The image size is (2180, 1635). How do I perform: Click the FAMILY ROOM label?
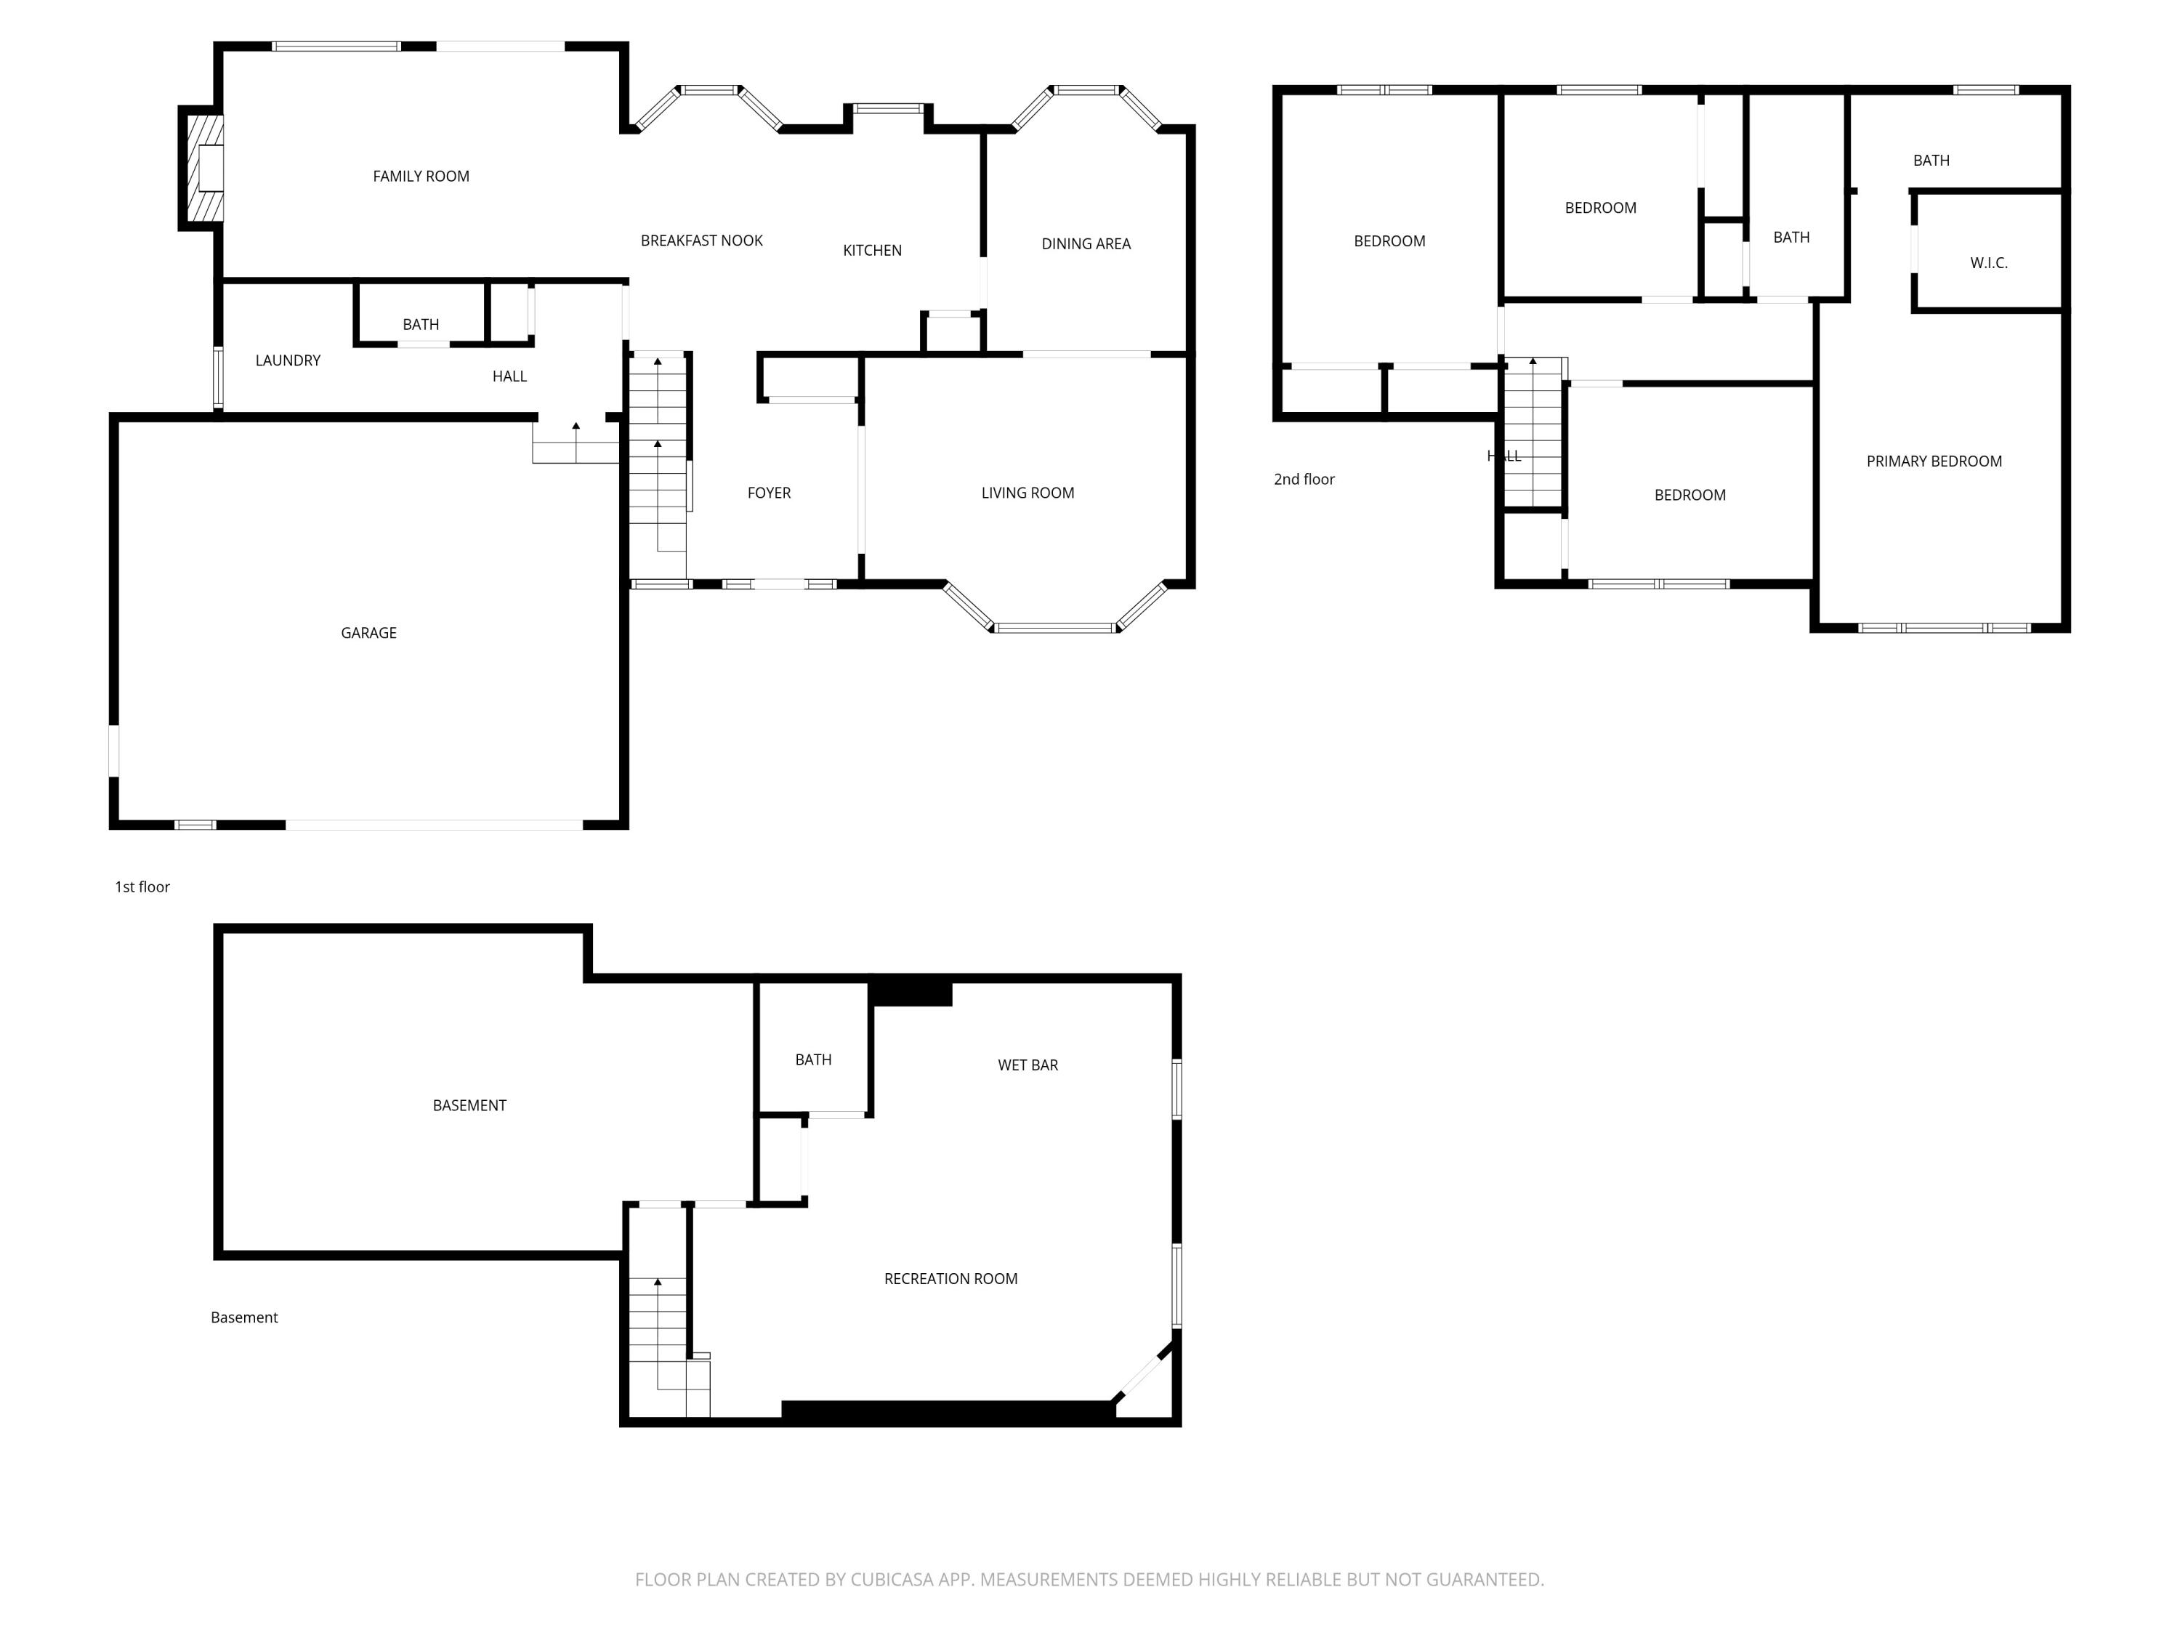coord(421,177)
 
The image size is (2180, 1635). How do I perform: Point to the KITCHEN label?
coord(871,250)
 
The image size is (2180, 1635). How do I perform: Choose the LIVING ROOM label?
coord(1027,493)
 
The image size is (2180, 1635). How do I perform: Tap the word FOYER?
coord(769,493)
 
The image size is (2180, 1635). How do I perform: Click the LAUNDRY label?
coord(288,360)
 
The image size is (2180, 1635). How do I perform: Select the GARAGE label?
coord(368,633)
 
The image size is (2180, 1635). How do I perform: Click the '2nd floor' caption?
coord(1304,479)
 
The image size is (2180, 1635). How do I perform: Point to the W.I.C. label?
coord(1988,263)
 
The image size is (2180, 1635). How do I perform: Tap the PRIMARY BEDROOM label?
coord(1934,461)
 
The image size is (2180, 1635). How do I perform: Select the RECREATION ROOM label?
coord(950,1279)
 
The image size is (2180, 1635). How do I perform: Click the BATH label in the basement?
coord(813,1059)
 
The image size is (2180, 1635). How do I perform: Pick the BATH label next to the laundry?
coord(421,324)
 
